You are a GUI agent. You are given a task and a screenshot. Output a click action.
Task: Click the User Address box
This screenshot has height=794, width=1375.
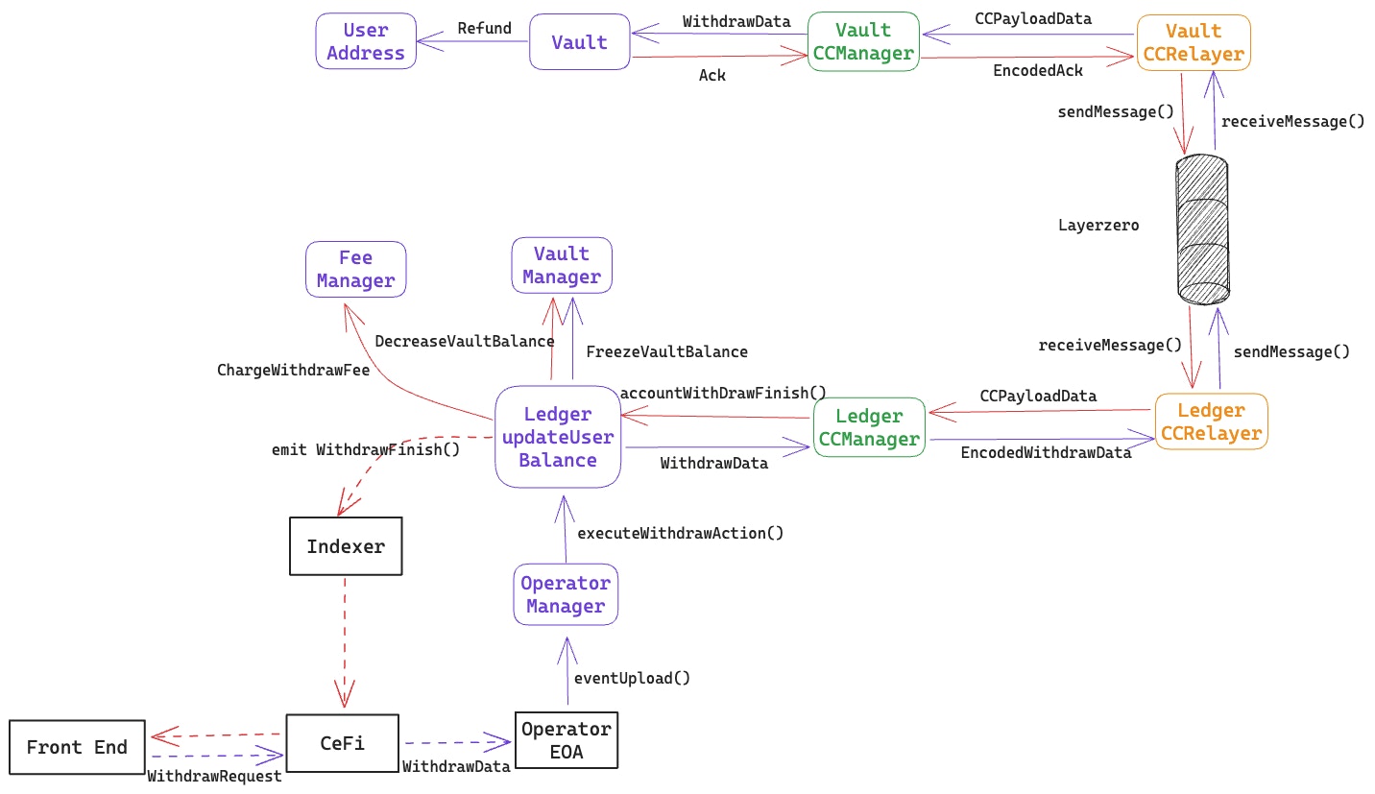(x=366, y=41)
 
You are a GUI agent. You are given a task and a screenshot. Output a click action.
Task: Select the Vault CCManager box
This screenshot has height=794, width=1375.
(x=863, y=41)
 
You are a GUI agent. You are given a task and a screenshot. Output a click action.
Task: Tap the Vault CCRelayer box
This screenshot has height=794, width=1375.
(x=1194, y=43)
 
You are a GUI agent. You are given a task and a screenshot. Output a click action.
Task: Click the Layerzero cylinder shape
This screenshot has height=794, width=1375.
(x=1202, y=229)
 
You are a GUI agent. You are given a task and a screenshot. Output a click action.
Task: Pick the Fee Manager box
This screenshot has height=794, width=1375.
(x=355, y=269)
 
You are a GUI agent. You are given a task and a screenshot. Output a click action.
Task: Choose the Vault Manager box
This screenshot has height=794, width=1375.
(x=562, y=265)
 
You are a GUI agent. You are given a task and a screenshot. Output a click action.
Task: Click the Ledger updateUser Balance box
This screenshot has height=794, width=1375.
(x=558, y=437)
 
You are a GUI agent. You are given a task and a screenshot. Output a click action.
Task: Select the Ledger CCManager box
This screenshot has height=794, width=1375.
(x=869, y=427)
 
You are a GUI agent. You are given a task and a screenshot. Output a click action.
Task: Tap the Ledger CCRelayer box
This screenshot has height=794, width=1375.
(x=1211, y=421)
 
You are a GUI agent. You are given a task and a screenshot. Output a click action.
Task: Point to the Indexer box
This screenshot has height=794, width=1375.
(x=346, y=546)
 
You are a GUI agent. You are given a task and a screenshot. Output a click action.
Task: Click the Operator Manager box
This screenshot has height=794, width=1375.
(x=566, y=594)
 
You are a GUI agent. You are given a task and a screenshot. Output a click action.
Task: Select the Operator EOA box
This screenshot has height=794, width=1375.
(x=566, y=740)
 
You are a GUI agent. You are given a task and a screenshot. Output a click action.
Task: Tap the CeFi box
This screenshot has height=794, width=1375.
(x=343, y=743)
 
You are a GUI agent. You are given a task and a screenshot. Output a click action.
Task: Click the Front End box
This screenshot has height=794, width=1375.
(x=77, y=747)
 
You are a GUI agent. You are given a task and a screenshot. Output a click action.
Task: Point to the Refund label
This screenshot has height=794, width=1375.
(x=485, y=28)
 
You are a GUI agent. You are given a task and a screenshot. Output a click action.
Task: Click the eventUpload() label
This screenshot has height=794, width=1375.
(x=632, y=678)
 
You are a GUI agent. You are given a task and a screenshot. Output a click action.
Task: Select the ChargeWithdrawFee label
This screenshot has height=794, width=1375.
(x=293, y=370)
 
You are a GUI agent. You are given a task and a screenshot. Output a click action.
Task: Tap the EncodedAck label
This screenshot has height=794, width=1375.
(x=1038, y=70)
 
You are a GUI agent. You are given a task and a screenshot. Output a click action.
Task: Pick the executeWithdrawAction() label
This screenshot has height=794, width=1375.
(x=680, y=532)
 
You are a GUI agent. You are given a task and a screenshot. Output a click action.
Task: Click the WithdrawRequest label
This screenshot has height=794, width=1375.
(x=215, y=776)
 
